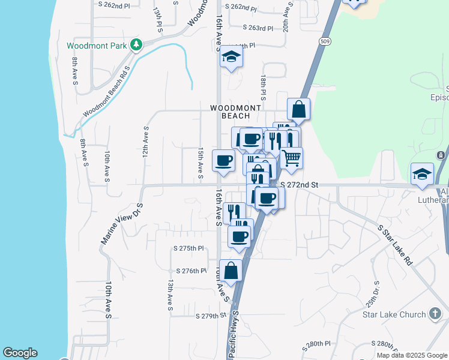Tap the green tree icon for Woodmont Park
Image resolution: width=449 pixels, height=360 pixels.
point(137,44)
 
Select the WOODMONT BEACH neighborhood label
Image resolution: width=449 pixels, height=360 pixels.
point(236,112)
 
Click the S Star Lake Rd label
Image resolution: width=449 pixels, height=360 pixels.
point(396,245)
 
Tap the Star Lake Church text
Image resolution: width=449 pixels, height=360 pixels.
point(394,314)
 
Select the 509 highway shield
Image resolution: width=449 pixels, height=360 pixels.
point(325,41)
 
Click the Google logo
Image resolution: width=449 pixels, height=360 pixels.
point(20,353)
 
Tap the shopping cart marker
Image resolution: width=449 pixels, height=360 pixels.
point(291,158)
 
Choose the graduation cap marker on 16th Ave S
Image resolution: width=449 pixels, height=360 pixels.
point(231,58)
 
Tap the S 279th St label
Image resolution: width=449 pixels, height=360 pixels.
point(209,316)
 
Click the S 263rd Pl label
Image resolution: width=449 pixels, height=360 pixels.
point(258,28)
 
